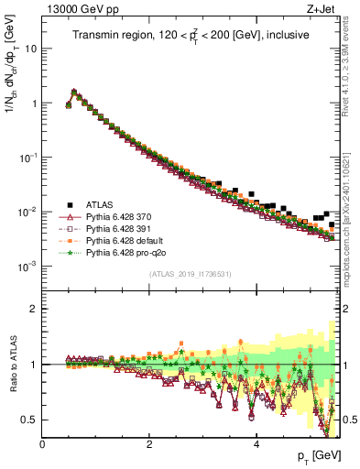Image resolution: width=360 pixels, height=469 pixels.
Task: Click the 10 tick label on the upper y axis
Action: click(x=30, y=49)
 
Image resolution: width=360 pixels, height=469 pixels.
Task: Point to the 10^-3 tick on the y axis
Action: click(x=27, y=266)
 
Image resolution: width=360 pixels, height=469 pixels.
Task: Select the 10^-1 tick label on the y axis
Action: click(x=27, y=157)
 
